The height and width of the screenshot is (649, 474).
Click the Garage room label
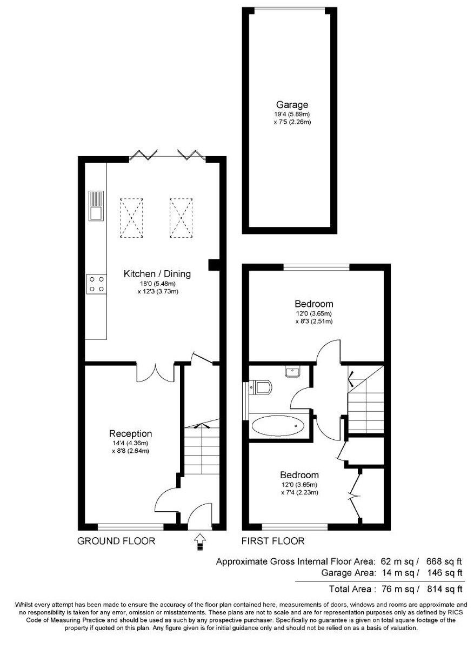point(292,105)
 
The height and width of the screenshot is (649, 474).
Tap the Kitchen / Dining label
point(157,274)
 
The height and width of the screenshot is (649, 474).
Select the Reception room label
point(130,433)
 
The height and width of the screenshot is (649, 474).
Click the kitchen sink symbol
point(96,206)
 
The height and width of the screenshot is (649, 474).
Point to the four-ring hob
point(96,284)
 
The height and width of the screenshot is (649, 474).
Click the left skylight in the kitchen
point(130,218)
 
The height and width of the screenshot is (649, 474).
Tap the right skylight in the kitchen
point(181,218)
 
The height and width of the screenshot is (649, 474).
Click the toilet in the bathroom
point(262,387)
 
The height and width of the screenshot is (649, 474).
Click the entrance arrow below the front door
point(199,539)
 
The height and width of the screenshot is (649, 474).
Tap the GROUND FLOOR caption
point(116,541)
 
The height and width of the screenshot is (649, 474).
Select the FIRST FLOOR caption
point(273,541)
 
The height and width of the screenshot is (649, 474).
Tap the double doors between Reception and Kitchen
point(155,371)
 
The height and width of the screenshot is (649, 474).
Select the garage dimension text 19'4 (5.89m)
point(292,115)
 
